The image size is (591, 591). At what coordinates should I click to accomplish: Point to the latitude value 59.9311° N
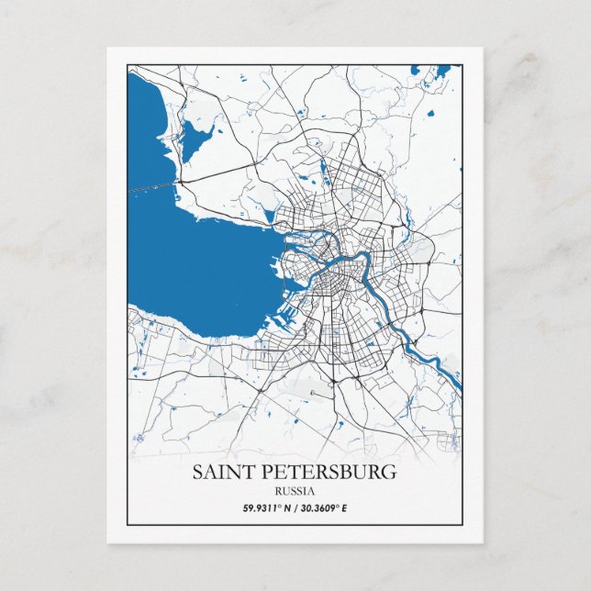(x=265, y=507)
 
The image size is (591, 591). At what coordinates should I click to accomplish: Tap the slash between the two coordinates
(x=292, y=507)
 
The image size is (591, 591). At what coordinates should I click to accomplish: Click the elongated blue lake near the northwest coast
(x=195, y=138)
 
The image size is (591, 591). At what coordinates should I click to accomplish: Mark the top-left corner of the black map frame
(x=128, y=64)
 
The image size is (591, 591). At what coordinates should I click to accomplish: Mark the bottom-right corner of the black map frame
(x=463, y=525)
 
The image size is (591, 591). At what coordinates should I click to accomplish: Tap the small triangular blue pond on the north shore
(x=268, y=217)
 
